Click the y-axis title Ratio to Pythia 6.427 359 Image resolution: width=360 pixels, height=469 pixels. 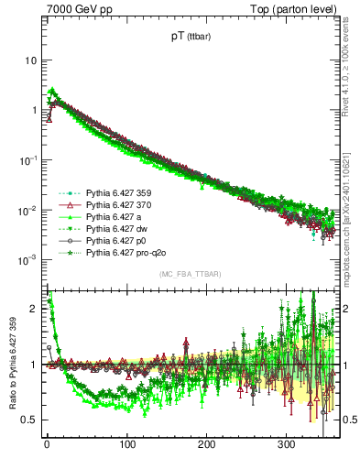pyautogui.click(x=11, y=365)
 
